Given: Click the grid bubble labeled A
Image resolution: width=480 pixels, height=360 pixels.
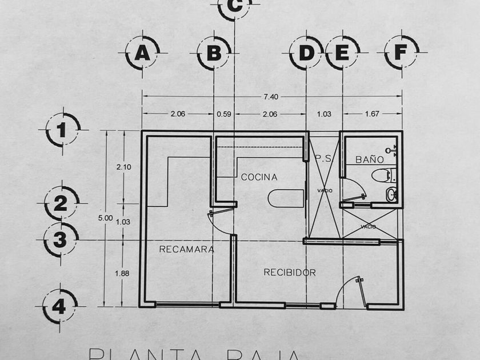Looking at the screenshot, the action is coord(142,53).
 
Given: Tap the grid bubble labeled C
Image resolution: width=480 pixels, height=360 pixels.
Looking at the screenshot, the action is coord(235,6).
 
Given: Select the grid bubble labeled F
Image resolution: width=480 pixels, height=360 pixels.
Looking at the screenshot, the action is coord(401,53).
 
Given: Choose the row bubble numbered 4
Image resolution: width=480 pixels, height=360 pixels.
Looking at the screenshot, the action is coord(59,307).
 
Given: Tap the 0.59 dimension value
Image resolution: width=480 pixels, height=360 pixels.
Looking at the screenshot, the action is coord(224,114).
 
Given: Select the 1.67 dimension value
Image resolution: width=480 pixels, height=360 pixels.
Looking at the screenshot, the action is coord(372,114).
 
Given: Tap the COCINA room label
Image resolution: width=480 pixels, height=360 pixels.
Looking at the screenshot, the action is coord(259,177).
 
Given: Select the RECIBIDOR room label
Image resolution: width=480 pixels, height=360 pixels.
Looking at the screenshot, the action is coord(289,273).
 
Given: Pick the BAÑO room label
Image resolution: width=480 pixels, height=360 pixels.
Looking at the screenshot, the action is coord(370,159).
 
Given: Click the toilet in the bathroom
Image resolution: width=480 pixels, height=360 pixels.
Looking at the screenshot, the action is coord(381,174).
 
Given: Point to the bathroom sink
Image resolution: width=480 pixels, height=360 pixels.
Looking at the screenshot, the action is coord(391,194).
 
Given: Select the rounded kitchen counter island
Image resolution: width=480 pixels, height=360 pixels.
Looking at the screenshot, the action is coord(285,198).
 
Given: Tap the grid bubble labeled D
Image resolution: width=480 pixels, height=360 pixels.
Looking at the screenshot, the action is coord(307,53).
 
